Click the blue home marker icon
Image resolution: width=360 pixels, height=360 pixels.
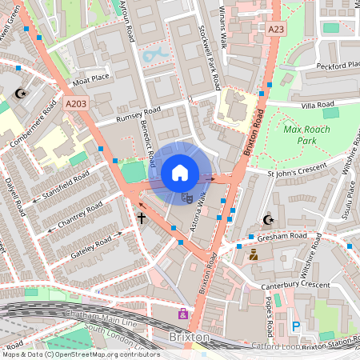pos(180,172)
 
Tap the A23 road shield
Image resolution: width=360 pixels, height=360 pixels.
pos(277,29)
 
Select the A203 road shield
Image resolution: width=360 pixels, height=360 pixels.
pos(75,103)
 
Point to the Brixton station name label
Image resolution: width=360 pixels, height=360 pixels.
pos(190,338)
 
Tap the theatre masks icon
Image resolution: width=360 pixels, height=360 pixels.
pos(186,196)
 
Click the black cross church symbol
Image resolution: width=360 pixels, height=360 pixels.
pos(142,217)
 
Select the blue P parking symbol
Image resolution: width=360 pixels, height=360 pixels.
pos(296,326)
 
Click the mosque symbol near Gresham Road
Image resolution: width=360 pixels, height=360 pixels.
pos(268,220)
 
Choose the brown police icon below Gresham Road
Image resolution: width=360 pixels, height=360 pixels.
pos(254,254)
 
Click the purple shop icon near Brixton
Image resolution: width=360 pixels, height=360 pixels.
pos(183,314)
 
